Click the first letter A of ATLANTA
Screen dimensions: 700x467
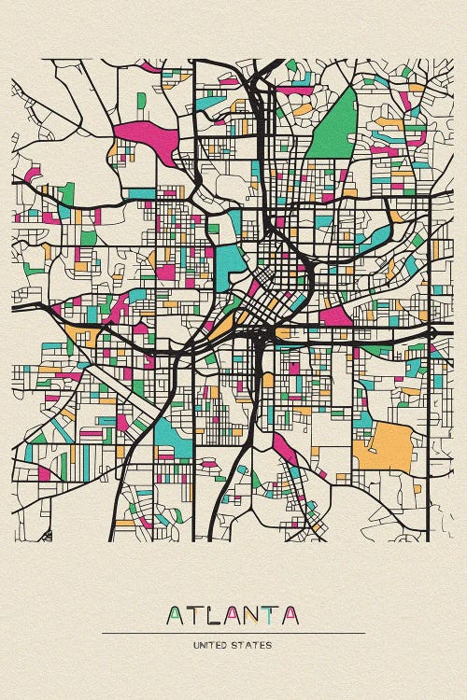(x=175, y=616)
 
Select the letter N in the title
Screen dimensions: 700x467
(x=252, y=616)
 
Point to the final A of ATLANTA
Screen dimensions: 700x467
(x=291, y=616)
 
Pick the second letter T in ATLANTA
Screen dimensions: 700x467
(x=272, y=616)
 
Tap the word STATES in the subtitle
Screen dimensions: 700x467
(x=256, y=645)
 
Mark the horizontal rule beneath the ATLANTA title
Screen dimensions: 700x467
(x=233, y=634)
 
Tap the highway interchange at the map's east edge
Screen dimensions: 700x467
(x=431, y=331)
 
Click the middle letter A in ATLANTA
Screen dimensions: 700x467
(x=233, y=616)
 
